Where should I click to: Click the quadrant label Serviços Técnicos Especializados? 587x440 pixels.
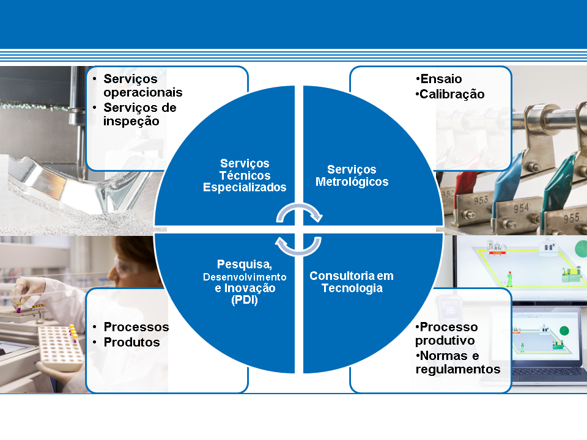245,175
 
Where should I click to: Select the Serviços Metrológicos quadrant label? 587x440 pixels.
352,175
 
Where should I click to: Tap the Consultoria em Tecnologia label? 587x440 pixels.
352,282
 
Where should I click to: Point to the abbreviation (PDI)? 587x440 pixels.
245,300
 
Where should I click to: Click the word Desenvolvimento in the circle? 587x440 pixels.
245,277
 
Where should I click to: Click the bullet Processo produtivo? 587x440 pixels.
446,334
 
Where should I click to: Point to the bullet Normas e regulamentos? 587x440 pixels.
458,362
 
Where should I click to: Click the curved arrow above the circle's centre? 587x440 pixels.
300,206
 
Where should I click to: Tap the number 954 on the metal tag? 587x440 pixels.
521,208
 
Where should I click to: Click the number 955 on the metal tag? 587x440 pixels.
571,218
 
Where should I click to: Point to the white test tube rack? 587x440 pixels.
61,347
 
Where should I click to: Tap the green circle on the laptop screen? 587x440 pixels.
564,331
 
